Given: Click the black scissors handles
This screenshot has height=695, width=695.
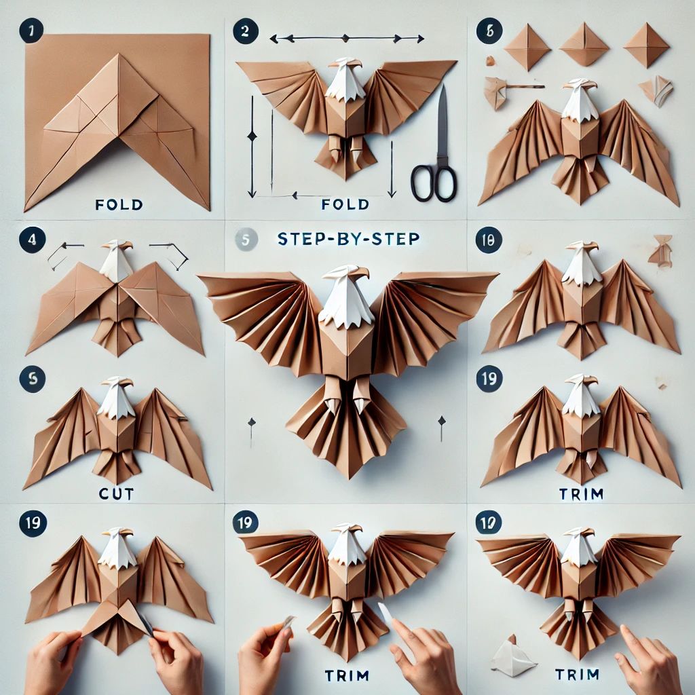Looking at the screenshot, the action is [434, 183].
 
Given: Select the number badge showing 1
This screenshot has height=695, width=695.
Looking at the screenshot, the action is [31, 31].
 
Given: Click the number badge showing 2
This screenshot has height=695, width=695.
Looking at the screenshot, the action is [245, 31].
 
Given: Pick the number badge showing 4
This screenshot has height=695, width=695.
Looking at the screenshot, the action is [32, 240].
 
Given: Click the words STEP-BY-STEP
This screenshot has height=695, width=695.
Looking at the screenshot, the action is [348, 239].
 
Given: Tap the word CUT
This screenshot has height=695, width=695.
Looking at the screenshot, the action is [116, 493].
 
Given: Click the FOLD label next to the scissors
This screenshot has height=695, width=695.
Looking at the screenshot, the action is [345, 204].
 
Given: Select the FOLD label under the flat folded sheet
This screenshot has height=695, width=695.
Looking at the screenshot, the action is [119, 204].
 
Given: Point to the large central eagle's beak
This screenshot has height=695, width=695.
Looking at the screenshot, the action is [361, 271].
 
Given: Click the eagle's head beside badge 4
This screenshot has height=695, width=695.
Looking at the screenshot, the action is [116, 261].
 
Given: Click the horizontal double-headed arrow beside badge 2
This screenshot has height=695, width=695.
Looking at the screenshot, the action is [347, 39].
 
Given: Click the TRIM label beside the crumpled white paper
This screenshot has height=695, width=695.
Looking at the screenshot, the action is [577, 675].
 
